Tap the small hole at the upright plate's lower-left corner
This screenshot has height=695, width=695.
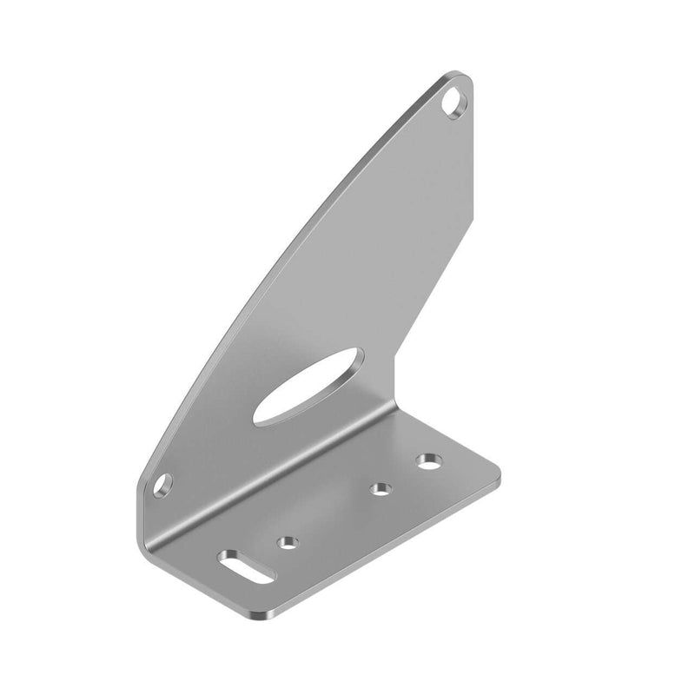coord(162,486)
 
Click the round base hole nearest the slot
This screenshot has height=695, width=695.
coord(286,544)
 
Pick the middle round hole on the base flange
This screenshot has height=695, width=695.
coord(380,490)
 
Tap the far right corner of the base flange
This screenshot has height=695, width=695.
coord(499,477)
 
